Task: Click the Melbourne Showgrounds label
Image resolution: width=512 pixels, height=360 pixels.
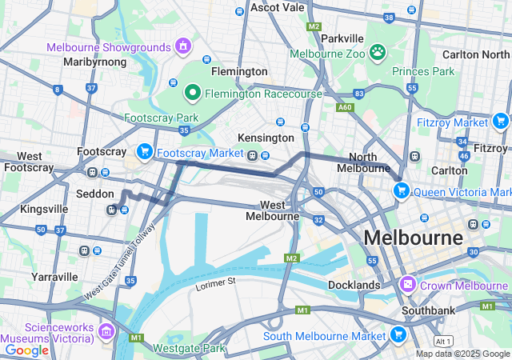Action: coord(108,47)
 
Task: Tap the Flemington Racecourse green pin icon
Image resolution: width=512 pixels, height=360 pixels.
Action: coord(192,94)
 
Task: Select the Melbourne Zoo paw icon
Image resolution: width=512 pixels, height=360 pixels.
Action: coord(377,54)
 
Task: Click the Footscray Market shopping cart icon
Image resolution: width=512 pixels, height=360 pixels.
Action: coord(145,151)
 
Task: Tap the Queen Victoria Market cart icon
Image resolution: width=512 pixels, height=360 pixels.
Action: coord(401,191)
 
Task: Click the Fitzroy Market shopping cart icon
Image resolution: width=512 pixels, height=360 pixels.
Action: coord(500,122)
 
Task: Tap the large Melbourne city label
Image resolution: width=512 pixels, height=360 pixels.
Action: coord(413,238)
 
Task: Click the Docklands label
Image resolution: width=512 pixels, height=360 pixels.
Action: coord(354,285)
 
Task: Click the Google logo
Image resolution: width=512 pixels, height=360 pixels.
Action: coord(26,350)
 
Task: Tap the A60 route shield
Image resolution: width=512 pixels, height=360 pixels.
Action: coord(345,106)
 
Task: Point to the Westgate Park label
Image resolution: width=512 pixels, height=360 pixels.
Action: coord(190,348)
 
